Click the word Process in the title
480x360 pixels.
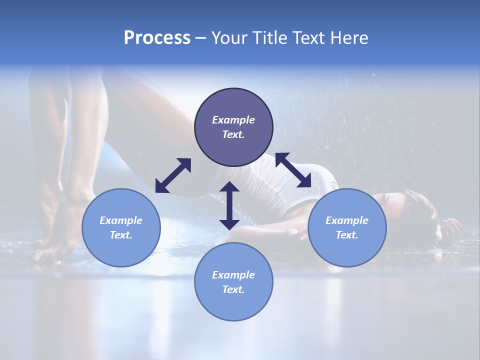[157, 38]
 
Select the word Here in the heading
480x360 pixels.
[349, 38]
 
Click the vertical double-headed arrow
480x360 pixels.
[229, 205]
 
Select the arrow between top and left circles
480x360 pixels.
[173, 175]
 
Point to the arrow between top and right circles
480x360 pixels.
[293, 170]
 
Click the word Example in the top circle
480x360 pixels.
[233, 120]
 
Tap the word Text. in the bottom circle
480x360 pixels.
[233, 289]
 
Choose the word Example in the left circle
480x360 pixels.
[121, 220]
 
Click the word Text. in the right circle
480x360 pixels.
[347, 235]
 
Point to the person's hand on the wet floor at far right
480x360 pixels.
[451, 227]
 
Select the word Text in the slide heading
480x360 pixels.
[307, 38]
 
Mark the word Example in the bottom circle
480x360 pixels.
[233, 275]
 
